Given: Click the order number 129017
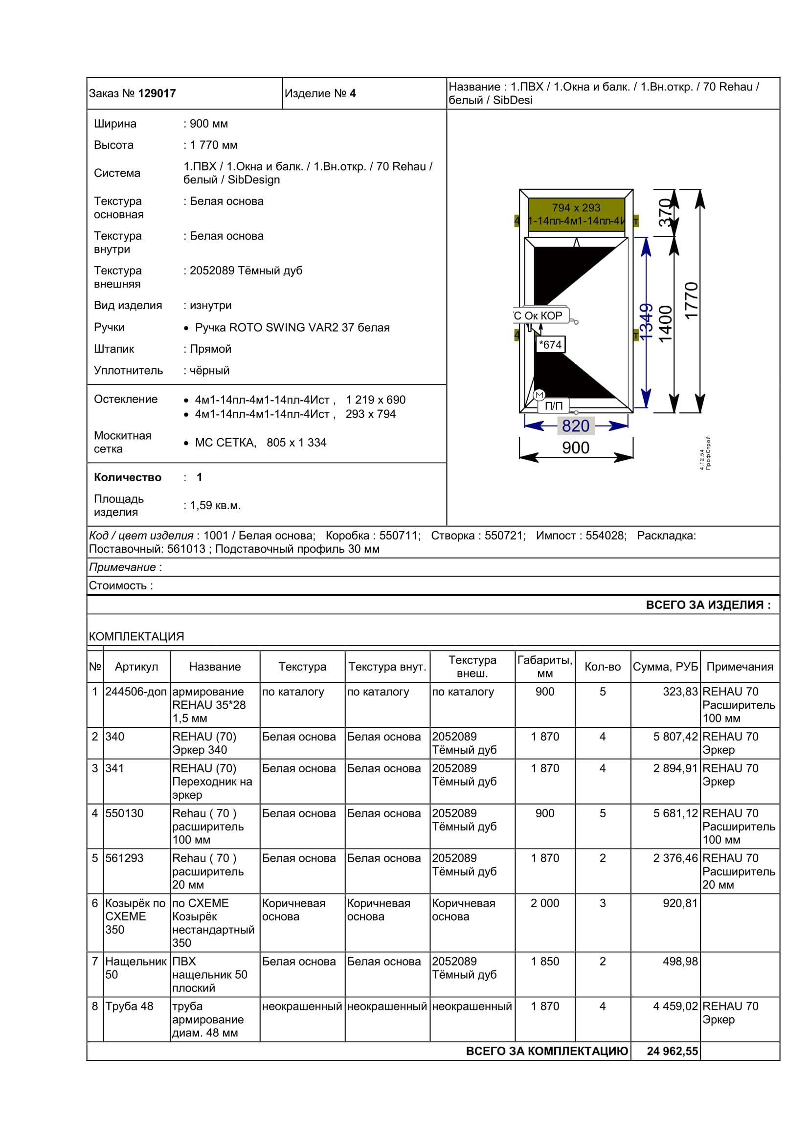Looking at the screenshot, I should [x=157, y=93].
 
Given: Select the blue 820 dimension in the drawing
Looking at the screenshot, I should [x=575, y=426].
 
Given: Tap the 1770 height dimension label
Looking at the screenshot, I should [x=692, y=300].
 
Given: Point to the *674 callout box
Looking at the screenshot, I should [x=550, y=344].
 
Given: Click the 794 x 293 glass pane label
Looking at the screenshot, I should [x=576, y=208].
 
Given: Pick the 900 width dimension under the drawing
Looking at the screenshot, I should [x=575, y=448].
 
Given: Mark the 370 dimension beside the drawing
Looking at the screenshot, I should [x=666, y=212].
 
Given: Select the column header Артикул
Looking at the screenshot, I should [x=136, y=667].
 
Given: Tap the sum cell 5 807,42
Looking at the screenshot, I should [x=675, y=737].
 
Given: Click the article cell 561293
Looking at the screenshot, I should [x=125, y=858].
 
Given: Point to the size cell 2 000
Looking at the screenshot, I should [x=544, y=903].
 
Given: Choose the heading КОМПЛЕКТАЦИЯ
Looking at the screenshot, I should [x=136, y=636].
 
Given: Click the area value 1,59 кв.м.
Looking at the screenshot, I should [x=215, y=505].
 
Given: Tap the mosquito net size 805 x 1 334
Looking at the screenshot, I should [x=296, y=443].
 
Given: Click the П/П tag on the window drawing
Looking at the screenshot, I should [x=554, y=406].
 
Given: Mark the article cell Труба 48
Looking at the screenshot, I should [x=130, y=1006].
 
